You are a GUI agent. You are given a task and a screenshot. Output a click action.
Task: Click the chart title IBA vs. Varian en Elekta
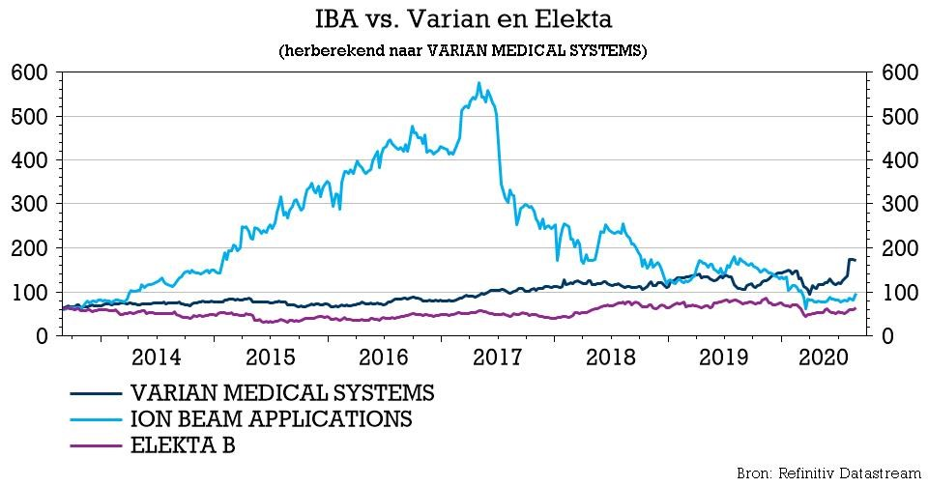[x=463, y=19]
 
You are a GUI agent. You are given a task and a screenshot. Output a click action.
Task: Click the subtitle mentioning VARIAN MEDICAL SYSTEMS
[x=463, y=50]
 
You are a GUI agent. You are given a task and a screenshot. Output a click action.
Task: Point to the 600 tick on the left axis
[x=31, y=72]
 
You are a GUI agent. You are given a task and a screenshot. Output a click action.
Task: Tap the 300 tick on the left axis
[x=31, y=204]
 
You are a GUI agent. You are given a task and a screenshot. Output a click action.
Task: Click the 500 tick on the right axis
[x=896, y=116]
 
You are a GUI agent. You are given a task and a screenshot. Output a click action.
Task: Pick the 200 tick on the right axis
[x=896, y=247]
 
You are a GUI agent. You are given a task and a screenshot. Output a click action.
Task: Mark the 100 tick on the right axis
[x=896, y=292]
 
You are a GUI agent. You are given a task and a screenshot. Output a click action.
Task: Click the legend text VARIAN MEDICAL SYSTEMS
[x=282, y=393]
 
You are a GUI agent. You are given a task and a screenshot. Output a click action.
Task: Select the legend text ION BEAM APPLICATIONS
[x=271, y=419]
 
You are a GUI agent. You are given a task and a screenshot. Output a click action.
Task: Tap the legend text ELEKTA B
[x=183, y=445]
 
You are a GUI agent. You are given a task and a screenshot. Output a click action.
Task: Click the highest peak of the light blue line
[x=479, y=84]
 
